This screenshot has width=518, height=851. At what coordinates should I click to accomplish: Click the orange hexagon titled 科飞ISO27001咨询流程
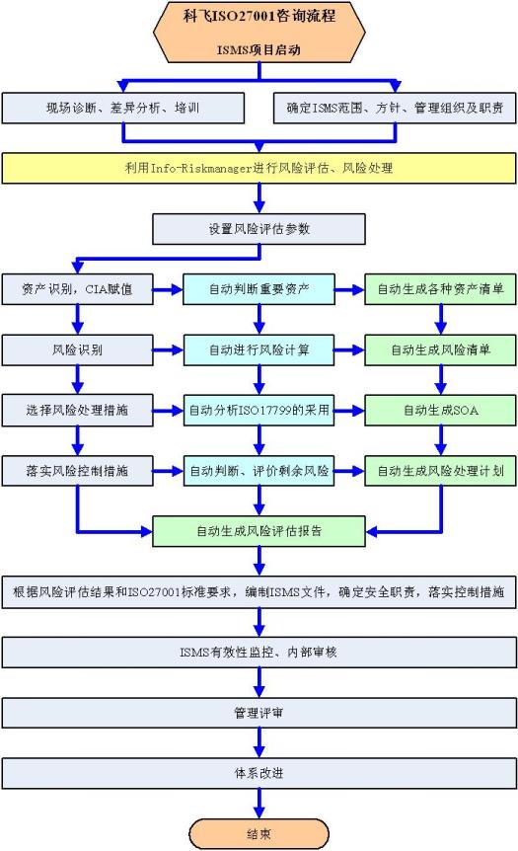click(259, 32)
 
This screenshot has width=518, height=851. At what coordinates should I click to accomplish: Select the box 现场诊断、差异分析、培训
click(123, 108)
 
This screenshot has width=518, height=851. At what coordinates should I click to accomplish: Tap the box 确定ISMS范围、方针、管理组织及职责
click(395, 108)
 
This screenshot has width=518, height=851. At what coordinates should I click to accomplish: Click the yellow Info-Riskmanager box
click(259, 168)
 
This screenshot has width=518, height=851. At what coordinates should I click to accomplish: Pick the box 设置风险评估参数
click(259, 229)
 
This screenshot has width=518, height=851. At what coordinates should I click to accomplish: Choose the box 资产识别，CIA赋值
click(78, 289)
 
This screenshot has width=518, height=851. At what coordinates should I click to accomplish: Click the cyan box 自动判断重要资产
click(259, 289)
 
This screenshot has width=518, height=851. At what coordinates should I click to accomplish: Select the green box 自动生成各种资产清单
click(440, 289)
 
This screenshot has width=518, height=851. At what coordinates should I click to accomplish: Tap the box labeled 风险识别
click(78, 350)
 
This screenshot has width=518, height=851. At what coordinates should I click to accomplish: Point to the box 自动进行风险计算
click(259, 350)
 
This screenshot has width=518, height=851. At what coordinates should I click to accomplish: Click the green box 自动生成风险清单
click(440, 350)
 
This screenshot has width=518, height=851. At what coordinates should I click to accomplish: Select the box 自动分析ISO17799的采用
click(259, 411)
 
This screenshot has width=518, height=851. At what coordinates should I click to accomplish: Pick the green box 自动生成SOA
click(440, 411)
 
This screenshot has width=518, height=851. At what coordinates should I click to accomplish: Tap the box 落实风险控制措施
click(78, 471)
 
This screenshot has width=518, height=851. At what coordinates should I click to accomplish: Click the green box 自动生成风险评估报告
click(259, 531)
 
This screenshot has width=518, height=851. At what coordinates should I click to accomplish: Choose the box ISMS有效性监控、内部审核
click(259, 652)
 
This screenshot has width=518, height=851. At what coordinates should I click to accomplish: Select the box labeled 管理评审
click(259, 713)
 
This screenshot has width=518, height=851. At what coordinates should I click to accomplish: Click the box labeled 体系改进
click(259, 773)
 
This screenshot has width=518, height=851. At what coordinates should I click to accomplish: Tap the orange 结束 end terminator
click(259, 833)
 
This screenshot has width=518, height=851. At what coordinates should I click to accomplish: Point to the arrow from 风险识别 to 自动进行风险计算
click(168, 350)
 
